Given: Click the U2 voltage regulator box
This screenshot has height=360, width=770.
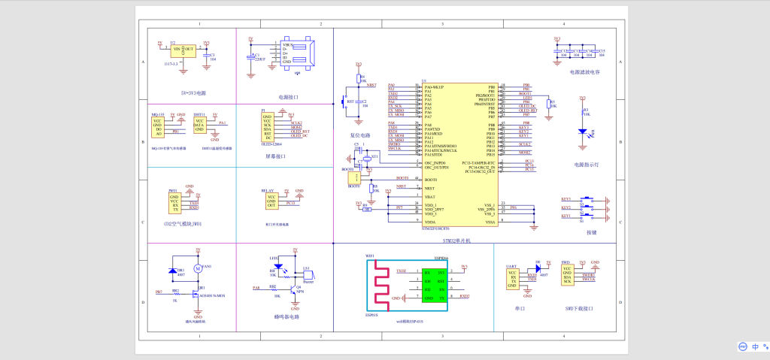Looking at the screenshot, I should point(183,50).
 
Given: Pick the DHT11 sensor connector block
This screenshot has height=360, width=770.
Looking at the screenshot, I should point(199,126).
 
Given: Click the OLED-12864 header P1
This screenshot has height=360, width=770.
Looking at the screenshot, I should point(268,128).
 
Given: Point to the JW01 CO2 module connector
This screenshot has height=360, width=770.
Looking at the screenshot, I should point(174,203).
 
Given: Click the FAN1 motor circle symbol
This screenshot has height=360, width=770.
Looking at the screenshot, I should point(198,268).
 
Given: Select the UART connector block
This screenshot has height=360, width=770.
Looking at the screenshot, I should point(512,279).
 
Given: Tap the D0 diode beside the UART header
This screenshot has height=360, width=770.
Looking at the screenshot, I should point(538,268).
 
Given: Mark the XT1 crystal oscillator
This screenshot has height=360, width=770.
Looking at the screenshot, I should point(367,159).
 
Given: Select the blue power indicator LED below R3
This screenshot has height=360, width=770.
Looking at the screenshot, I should point(582,132).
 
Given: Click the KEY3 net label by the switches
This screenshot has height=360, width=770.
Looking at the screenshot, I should point(565,198).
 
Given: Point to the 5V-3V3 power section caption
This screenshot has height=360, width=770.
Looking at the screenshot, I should point(192,93).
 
